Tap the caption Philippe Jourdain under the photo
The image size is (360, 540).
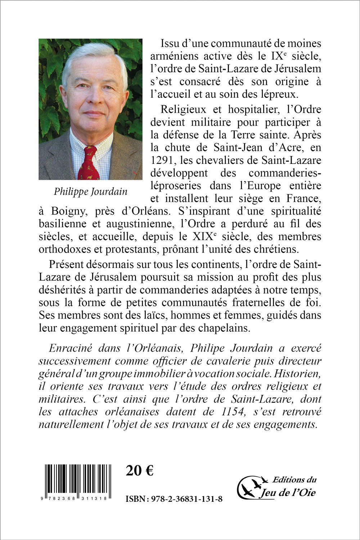coord(90,191)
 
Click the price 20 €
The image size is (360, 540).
coord(140,470)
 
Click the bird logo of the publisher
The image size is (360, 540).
coord(252,487)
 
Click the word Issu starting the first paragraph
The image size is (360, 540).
coord(172,43)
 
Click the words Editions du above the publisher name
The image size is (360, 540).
coord(294,479)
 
